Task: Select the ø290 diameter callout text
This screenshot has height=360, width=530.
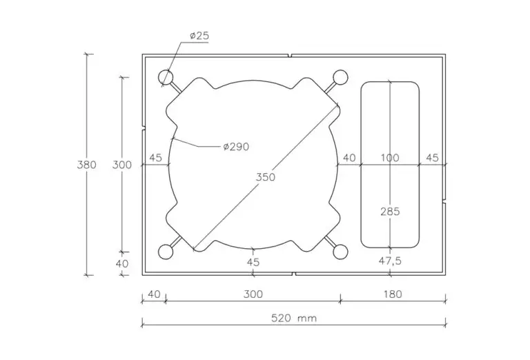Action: coord(235,146)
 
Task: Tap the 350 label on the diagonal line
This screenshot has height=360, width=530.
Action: coord(265,177)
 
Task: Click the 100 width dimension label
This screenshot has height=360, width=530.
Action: coord(390,158)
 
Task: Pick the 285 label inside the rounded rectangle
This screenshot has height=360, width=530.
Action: coord(390,212)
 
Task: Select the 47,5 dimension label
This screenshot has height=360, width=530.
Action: coord(391,262)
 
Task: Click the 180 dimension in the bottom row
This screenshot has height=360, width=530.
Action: coord(392,294)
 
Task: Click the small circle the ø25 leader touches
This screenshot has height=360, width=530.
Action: coord(166,77)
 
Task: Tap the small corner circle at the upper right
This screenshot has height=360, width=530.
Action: coord(340,77)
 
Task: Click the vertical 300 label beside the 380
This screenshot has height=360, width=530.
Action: coord(121,165)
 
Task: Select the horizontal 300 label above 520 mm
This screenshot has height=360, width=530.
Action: coord(253,294)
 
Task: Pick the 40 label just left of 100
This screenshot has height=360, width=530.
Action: coord(349,158)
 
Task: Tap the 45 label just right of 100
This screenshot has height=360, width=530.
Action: coord(432,158)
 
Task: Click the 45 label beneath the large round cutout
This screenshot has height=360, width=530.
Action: coord(253,262)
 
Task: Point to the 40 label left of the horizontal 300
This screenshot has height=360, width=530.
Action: coord(154,294)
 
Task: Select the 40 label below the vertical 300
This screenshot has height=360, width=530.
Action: coord(122,263)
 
